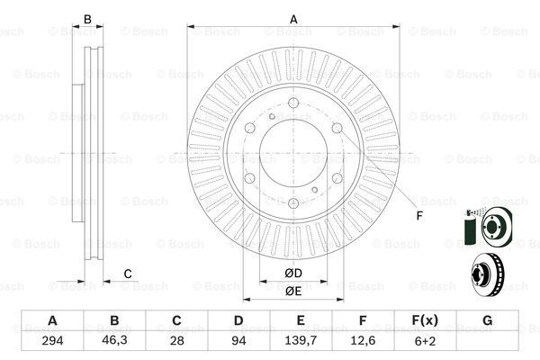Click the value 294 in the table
(x=52, y=341)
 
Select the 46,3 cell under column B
(x=114, y=340)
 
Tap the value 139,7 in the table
(x=301, y=341)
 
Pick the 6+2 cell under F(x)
(x=425, y=341)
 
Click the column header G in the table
(x=487, y=320)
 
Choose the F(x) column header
(x=425, y=320)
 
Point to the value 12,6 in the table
(x=363, y=341)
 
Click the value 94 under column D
(x=238, y=341)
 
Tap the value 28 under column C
(x=176, y=341)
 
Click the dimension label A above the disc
(x=293, y=19)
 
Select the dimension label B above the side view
(x=87, y=19)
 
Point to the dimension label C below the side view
(x=128, y=274)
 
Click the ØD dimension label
(x=293, y=274)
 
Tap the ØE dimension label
(x=293, y=292)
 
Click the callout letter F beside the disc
(x=419, y=216)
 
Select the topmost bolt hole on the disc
(x=293, y=103)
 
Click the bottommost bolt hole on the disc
(x=293, y=203)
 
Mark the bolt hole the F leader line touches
(x=337, y=128)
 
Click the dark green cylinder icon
(x=469, y=230)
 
